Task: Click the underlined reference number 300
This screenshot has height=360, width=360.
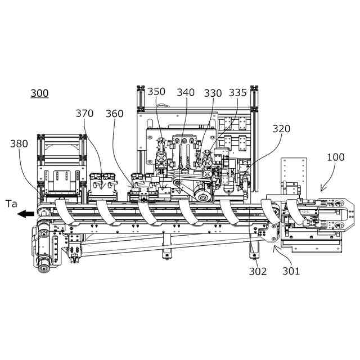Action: pyautogui.click(x=39, y=93)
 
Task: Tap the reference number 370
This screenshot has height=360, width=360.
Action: pyautogui.click(x=84, y=114)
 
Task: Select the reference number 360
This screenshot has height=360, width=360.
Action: pyautogui.click(x=114, y=114)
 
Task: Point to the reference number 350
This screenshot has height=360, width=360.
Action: pyautogui.click(x=156, y=92)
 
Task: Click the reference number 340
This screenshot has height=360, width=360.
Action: pyautogui.click(x=186, y=92)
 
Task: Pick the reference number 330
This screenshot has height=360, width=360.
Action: pyautogui.click(x=213, y=92)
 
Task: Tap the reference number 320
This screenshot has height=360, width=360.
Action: pyautogui.click(x=282, y=129)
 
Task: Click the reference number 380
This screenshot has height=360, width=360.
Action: pyautogui.click(x=19, y=143)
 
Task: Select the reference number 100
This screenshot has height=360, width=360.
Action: pyautogui.click(x=336, y=157)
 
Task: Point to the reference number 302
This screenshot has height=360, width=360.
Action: pyautogui.click(x=258, y=271)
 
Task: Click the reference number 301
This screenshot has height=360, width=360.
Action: pyautogui.click(x=291, y=271)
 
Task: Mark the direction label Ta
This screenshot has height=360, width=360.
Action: pyautogui.click(x=11, y=204)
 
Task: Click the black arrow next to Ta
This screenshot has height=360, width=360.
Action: pyautogui.click(x=25, y=213)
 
